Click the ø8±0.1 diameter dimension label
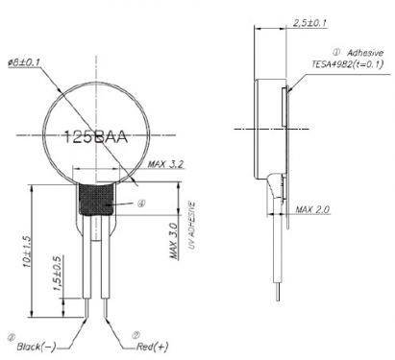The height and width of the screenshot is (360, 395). click(24, 62)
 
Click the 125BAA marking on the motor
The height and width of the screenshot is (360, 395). click(96, 137)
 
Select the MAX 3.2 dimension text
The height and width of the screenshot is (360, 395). click(165, 164)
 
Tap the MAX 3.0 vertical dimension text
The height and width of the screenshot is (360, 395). click(173, 241)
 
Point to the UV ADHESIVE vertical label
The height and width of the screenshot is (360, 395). click(191, 225)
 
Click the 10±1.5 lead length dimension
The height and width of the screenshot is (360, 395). click(27, 252)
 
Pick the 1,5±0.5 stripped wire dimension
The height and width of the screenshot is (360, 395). click(58, 274)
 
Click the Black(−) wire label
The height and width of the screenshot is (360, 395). click(37, 347)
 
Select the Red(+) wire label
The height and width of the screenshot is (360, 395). click(152, 347)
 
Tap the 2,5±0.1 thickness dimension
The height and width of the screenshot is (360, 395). click(309, 23)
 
